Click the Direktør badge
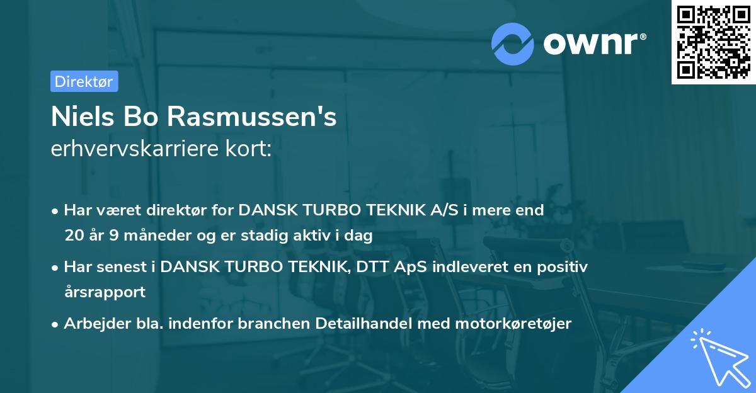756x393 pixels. pyautogui.click(x=84, y=81)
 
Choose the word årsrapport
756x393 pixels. pyautogui.click(x=105, y=292)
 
